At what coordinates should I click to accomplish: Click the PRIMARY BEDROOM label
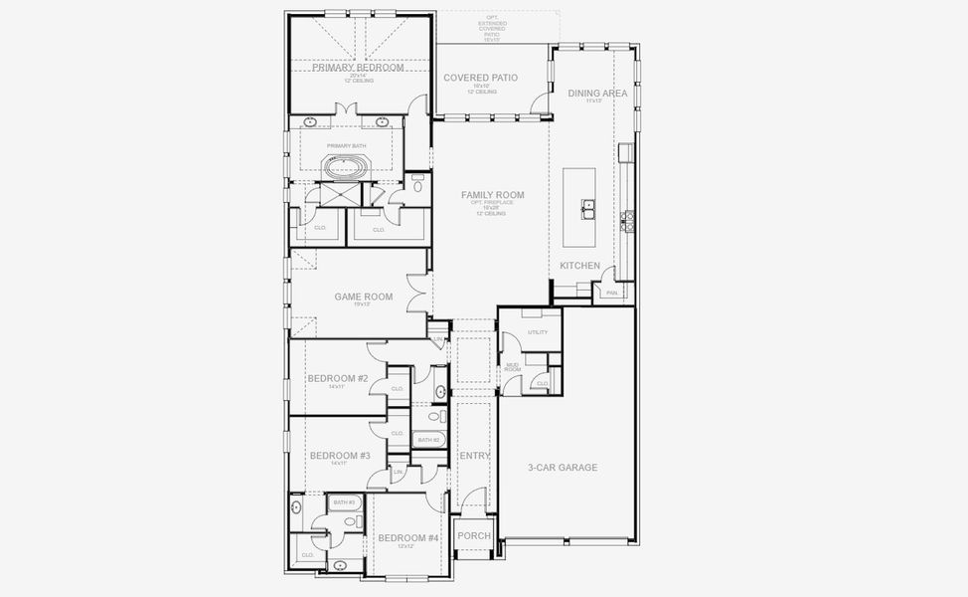pos(358,68)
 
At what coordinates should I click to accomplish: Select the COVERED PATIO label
pos(481,78)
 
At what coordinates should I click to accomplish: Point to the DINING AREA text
pos(597,93)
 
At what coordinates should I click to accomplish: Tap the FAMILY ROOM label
pos(492,195)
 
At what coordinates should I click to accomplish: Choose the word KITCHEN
pos(579,266)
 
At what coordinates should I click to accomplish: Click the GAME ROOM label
pos(363,297)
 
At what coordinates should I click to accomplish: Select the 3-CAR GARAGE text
pos(563,467)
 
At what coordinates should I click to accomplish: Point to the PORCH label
pos(474,536)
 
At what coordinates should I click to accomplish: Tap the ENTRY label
pos(475,456)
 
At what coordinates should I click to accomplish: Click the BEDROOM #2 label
pos(338,378)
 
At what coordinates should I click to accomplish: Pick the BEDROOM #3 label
pos(340,456)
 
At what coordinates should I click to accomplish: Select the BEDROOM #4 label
pos(408,537)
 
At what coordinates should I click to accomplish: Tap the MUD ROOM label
pos(513,367)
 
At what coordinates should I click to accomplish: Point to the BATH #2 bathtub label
pos(428,440)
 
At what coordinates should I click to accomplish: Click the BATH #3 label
pos(345,502)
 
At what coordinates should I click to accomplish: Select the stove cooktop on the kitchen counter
pos(627,220)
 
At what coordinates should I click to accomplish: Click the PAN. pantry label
pos(611,293)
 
